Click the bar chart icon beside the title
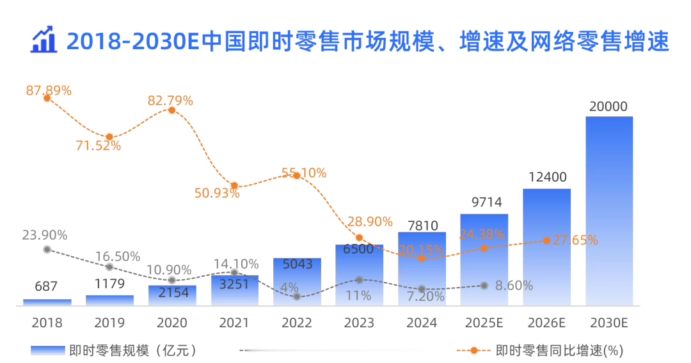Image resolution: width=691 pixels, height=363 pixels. pos(44,40)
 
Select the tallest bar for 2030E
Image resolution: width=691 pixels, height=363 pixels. pos(609,211)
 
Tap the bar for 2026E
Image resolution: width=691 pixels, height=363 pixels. pos(546,247)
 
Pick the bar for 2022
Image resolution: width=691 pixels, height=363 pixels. pos(297,282)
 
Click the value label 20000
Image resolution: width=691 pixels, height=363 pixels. pos(608,107)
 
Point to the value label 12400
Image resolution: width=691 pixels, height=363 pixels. pos(547,177)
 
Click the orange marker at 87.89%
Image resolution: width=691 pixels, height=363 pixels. pos(47,98)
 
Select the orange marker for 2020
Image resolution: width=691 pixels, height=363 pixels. pos(172,110)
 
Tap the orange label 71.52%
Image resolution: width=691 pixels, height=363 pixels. pos(99,146)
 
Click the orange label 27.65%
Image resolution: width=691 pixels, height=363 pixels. pos(575,240)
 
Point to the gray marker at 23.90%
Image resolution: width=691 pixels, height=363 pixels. pos(47,249)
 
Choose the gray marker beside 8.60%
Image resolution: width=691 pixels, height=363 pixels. pos(484,286)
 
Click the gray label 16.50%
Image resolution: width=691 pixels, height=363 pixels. pos(118,256)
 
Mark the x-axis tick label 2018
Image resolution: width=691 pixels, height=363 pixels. pos(47,323)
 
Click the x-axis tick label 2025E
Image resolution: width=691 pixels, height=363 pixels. pos(484,323)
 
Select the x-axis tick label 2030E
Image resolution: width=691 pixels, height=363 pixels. pos(609,323)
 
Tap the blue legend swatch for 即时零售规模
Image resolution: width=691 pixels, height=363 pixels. pos(47,350)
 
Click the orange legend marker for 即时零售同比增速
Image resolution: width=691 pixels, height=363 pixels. pos(473,351)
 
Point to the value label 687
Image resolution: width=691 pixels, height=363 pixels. pos(46,286)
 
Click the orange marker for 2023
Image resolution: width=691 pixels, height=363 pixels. pos(359,238)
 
